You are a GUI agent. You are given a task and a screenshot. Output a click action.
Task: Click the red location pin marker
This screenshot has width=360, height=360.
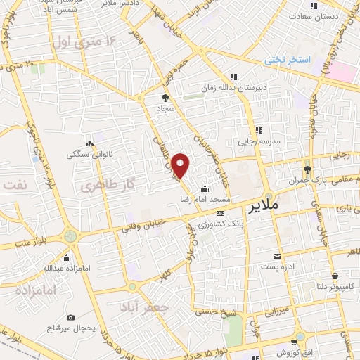click(181, 165)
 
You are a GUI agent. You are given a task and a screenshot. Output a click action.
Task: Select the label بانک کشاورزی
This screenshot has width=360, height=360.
click(220, 224)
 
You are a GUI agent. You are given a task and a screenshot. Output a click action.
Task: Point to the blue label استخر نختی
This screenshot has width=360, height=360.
click(288, 60)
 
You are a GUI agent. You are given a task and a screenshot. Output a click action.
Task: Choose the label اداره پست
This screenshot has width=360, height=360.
click(279, 266)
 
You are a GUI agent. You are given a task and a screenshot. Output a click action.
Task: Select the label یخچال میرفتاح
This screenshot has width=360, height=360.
click(70, 329)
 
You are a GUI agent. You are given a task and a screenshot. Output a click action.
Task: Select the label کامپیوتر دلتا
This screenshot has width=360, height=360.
click(335, 286)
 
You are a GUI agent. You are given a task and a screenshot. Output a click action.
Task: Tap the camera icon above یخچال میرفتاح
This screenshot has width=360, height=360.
click(70, 318)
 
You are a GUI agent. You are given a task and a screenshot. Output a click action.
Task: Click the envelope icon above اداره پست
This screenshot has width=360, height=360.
click(279, 255)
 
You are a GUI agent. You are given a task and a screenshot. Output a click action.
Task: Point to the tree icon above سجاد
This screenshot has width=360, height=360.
click(166, 98)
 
